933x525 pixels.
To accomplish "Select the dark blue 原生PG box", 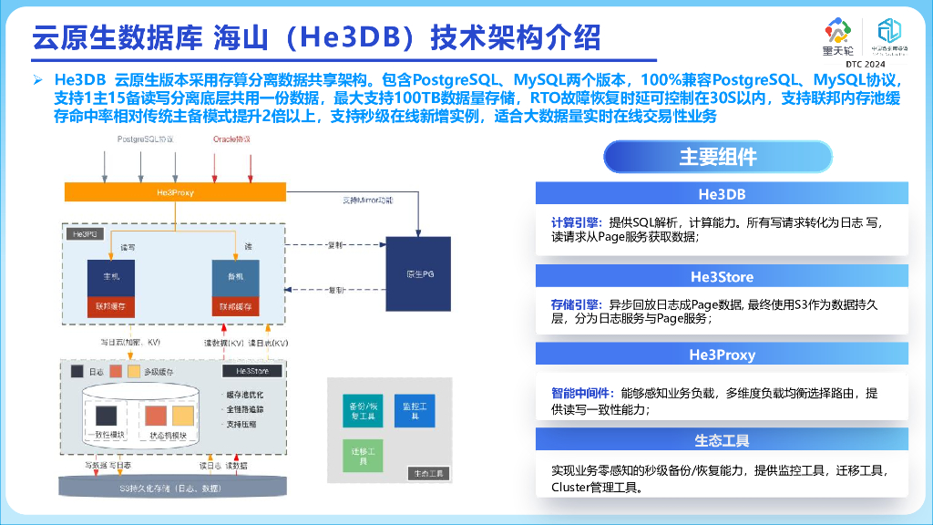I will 418,274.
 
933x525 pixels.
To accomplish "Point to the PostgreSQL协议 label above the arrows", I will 146,139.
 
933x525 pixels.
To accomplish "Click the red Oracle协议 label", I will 231,139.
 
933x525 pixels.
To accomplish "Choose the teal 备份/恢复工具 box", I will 360,410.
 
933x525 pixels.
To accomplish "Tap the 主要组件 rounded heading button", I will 717,157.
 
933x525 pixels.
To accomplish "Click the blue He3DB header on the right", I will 722,193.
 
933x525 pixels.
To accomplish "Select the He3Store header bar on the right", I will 722,276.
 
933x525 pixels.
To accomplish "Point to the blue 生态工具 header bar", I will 722,440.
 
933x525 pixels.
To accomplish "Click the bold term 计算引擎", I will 574,222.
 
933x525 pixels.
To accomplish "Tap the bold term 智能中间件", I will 579,394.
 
